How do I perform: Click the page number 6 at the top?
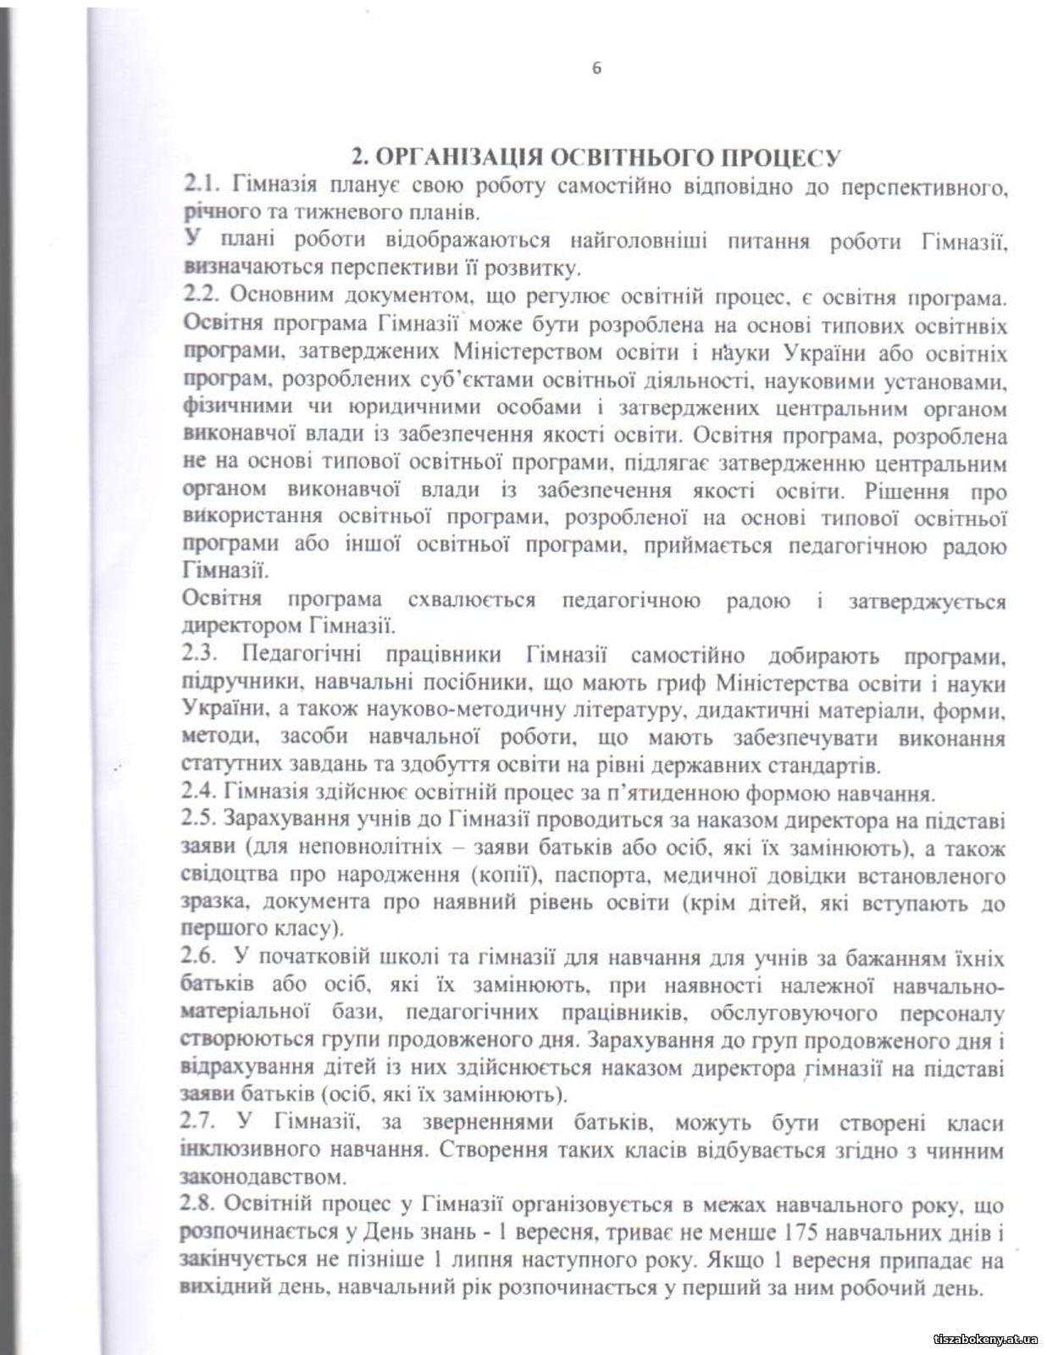pyautogui.click(x=596, y=69)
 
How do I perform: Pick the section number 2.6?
pyautogui.click(x=202, y=959)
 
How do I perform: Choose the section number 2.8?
pyautogui.click(x=202, y=1205)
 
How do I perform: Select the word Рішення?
pyautogui.click(x=906, y=491)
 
